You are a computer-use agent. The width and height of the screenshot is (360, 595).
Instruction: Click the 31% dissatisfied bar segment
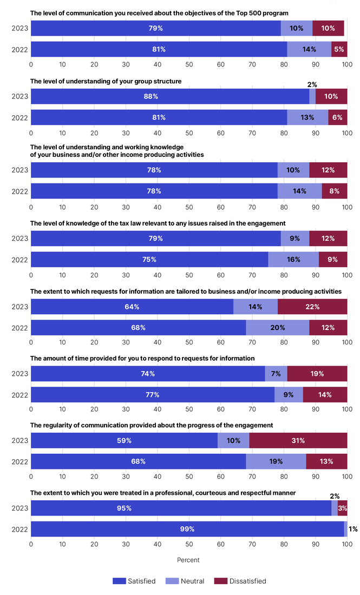tap(298, 440)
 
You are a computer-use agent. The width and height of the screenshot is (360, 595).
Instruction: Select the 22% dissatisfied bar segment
tap(312, 307)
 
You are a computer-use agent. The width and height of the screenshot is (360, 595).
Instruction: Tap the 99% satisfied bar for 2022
tap(187, 529)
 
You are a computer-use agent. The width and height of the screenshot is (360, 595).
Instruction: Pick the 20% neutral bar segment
tap(278, 328)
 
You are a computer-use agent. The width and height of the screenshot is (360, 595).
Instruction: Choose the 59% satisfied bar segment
tap(124, 440)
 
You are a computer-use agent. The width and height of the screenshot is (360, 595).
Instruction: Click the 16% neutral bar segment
tap(293, 259)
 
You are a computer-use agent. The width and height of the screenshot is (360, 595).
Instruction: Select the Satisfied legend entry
tap(134, 581)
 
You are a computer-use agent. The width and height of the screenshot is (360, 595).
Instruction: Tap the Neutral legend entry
tap(186, 581)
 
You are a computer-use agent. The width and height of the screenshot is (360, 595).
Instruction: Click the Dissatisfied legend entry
tap(240, 581)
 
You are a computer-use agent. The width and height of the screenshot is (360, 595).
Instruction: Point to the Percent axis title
tap(188, 560)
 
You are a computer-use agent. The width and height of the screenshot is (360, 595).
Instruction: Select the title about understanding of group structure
tap(106, 81)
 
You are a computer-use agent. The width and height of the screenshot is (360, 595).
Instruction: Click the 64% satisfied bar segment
tap(132, 307)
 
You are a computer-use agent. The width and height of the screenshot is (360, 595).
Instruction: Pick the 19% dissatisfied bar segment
tap(317, 374)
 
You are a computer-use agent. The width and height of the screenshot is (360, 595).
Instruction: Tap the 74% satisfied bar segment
tap(148, 374)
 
